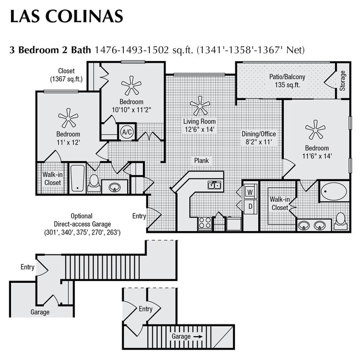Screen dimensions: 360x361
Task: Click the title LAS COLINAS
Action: click(66, 16)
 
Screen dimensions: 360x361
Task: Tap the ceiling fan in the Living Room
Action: click(199, 105)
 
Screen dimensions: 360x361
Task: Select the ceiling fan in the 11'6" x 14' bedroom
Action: click(315, 130)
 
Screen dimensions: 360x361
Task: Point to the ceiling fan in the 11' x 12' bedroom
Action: click(68, 118)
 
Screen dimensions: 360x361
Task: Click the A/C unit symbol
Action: click(127, 132)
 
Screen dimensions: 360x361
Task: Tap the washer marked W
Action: click(249, 192)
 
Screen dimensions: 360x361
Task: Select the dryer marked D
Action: click(249, 207)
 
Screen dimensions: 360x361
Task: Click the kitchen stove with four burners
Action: click(204, 223)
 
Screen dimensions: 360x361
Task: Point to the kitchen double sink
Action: click(215, 185)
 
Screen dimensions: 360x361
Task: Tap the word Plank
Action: click(201, 161)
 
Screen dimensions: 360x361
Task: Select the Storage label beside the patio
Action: click(343, 81)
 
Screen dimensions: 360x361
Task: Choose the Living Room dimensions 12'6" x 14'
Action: click(199, 129)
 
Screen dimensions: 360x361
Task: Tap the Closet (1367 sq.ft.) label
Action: click(66, 75)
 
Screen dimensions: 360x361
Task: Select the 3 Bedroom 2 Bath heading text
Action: click(50, 49)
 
